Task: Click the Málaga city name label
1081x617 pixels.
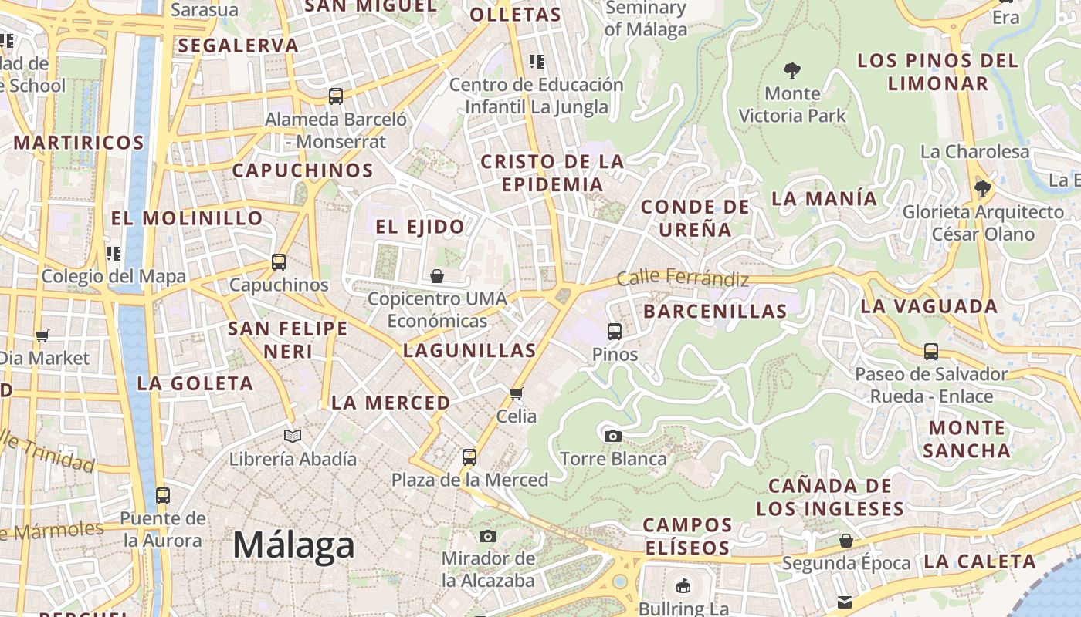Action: pos(293,545)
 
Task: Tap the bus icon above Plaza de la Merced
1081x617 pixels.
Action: pos(469,457)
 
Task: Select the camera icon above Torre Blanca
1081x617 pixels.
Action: pos(613,436)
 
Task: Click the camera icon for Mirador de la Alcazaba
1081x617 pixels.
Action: pos(488,536)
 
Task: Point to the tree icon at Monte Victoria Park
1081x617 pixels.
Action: pos(791,71)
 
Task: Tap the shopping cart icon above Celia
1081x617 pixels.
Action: pos(517,393)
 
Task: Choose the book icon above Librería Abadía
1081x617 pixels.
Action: pos(293,436)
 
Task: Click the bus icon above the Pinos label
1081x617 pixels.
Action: pos(615,332)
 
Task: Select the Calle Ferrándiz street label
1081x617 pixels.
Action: pos(683,278)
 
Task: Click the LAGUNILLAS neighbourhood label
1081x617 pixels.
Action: pos(469,351)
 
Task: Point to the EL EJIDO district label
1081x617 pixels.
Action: pos(420,227)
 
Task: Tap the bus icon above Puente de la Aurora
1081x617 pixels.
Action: pos(162,495)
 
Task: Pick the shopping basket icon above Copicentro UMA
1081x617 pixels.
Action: pos(437,275)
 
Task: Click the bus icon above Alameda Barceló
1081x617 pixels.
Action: pos(335,96)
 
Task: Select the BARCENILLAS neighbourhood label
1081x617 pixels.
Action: pos(715,312)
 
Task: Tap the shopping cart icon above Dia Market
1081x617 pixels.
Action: pos(42,335)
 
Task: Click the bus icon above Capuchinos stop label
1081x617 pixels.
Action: pos(279,262)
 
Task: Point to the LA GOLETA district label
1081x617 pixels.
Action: pos(195,383)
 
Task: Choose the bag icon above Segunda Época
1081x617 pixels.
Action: pos(846,540)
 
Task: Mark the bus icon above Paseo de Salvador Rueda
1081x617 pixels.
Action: pos(931,352)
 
